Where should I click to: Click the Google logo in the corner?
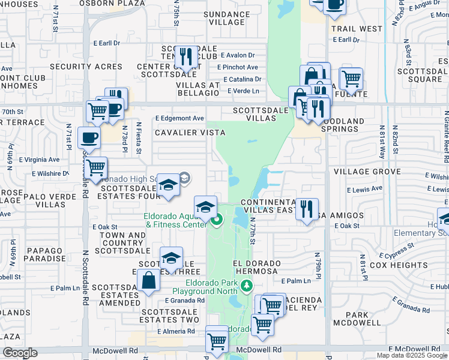tap(20, 353)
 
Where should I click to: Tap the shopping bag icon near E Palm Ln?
tap(148, 281)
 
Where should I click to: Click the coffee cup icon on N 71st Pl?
tap(89, 137)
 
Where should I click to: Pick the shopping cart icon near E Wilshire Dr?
tap(95, 168)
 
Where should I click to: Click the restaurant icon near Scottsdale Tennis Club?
tap(185, 58)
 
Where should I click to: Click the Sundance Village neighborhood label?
tap(227, 18)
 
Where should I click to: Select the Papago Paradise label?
tap(40, 255)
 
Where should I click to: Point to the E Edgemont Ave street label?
tap(179, 118)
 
